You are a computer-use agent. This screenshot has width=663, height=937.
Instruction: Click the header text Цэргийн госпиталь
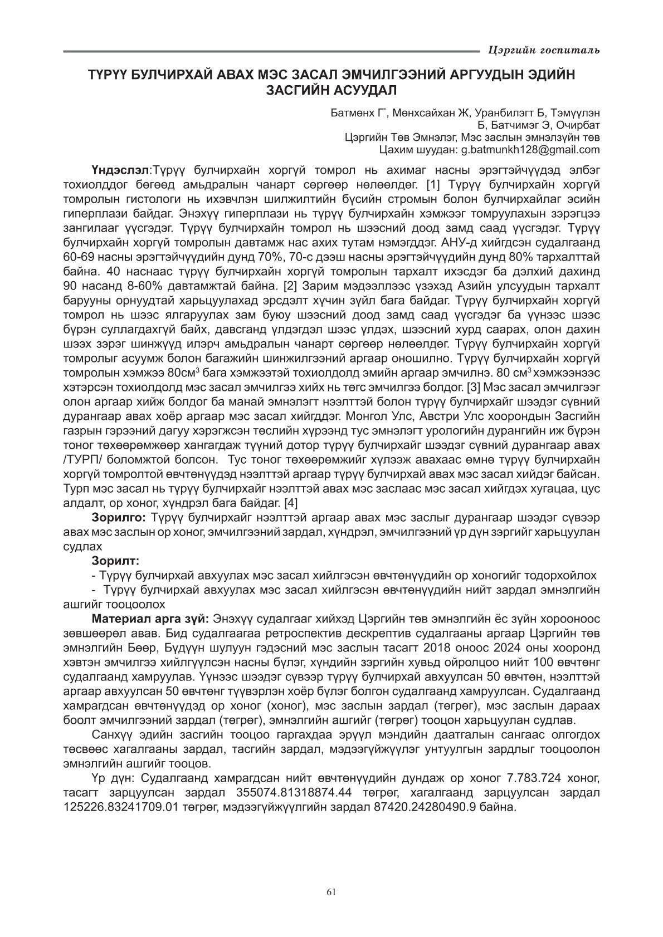[543, 51]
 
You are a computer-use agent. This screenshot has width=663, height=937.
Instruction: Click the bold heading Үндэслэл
[121, 169]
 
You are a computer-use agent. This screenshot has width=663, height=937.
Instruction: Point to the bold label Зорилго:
[119, 517]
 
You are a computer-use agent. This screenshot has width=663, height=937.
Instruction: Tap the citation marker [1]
[433, 183]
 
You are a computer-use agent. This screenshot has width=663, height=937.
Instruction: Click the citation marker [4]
[291, 503]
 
